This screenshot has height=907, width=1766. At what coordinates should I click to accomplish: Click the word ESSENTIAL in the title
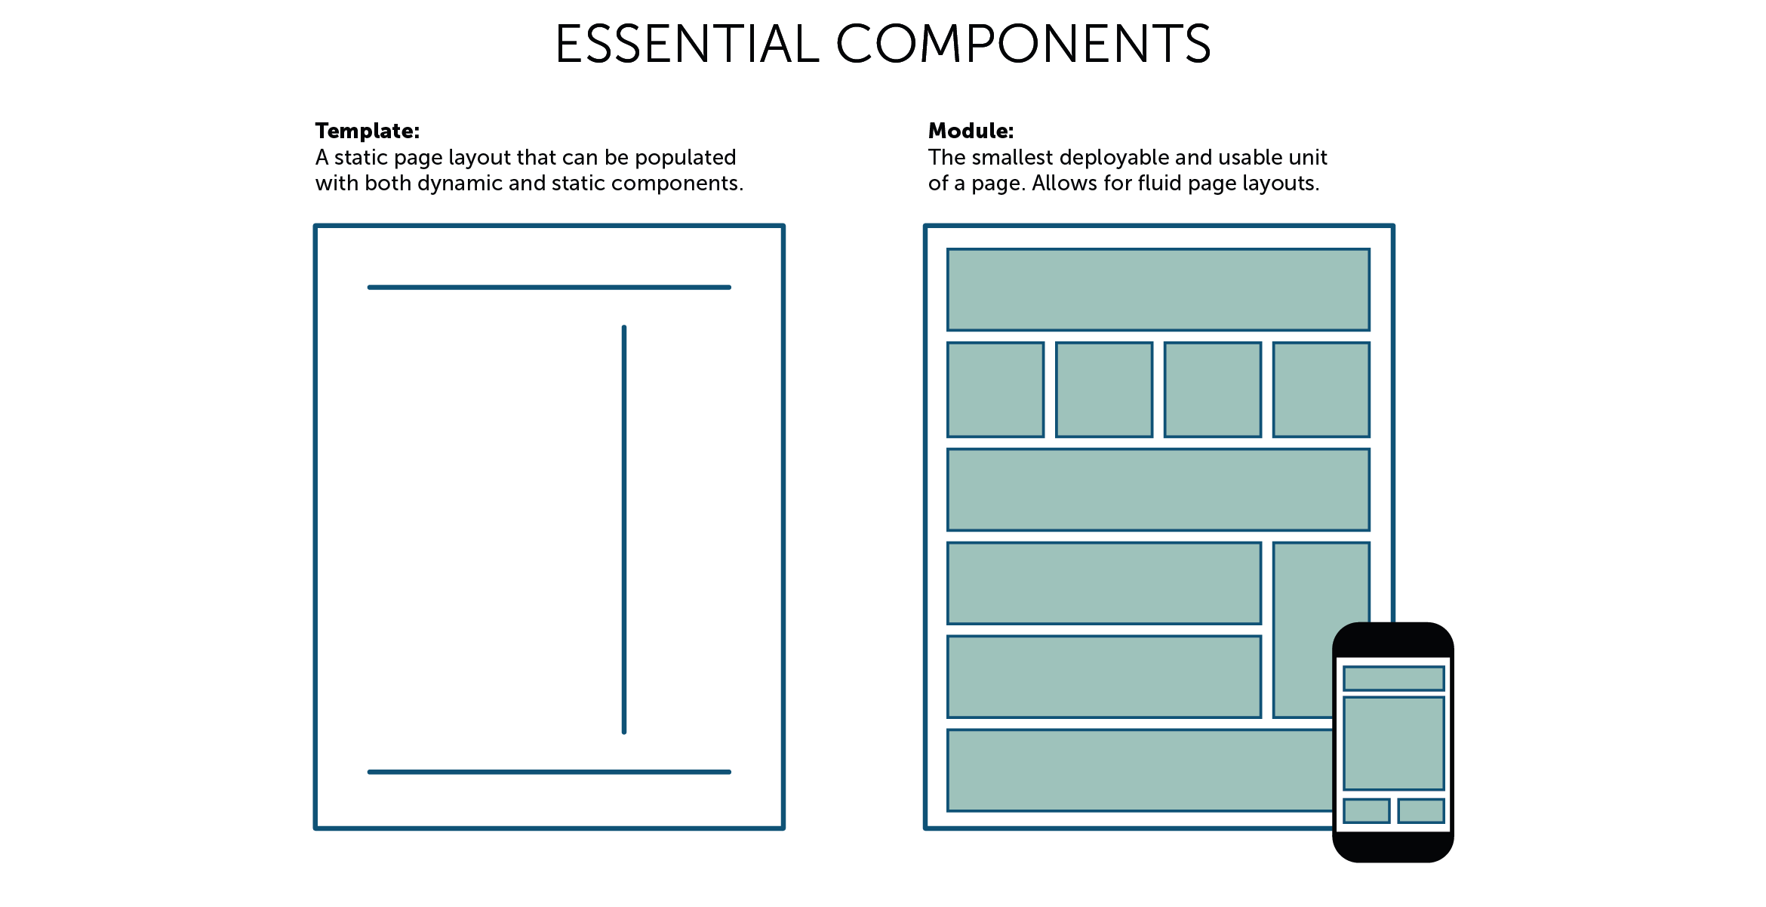pos(687,44)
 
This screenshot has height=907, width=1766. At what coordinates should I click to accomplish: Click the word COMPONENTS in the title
pos(1023,44)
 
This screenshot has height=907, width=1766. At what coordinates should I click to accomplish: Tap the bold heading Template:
pos(367,131)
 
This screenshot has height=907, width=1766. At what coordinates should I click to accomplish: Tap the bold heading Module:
pos(971,131)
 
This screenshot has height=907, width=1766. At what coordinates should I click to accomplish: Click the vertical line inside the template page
pos(624,529)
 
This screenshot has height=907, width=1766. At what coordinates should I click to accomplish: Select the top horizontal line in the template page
pos(549,287)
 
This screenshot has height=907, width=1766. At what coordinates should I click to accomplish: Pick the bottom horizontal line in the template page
pos(549,772)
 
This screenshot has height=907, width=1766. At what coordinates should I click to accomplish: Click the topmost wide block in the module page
pos(1158,290)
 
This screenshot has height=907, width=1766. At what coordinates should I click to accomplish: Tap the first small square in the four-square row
pos(995,390)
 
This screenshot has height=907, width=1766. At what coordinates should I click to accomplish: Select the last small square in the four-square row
pos(1321,390)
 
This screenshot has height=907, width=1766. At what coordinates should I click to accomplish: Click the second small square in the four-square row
pos(1104,390)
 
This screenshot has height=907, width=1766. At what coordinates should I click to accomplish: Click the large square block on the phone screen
pos(1393,743)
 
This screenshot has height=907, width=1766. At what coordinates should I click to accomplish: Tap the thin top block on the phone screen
pos(1393,678)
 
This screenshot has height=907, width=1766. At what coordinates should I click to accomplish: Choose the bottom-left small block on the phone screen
pos(1366,810)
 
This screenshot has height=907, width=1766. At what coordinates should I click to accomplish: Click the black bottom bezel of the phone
pos(1393,847)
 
